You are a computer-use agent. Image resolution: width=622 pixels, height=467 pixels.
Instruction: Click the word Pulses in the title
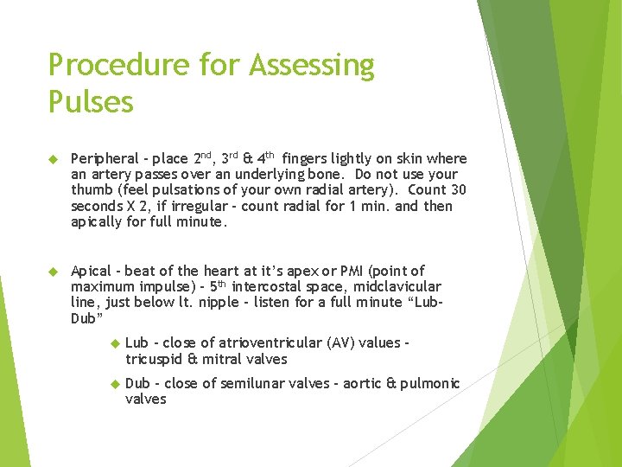91,102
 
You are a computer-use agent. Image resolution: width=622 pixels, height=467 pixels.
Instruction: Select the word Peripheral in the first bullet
104,159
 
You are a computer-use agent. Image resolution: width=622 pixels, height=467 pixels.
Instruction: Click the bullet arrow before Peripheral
52,159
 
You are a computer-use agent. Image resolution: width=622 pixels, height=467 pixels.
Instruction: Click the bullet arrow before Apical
52,271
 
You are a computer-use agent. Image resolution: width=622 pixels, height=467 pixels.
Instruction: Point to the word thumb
91,190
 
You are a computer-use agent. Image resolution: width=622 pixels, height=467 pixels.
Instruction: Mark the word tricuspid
155,359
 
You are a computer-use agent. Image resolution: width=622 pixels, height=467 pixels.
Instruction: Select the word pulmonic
430,383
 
